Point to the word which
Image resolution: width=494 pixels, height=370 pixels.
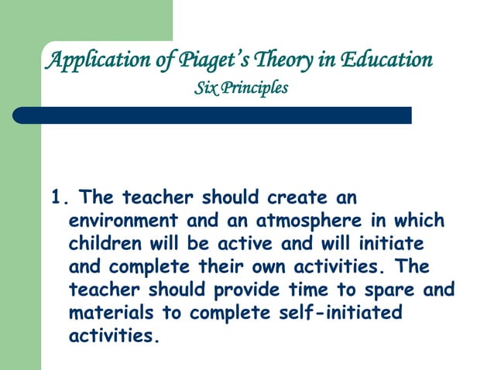416,221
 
